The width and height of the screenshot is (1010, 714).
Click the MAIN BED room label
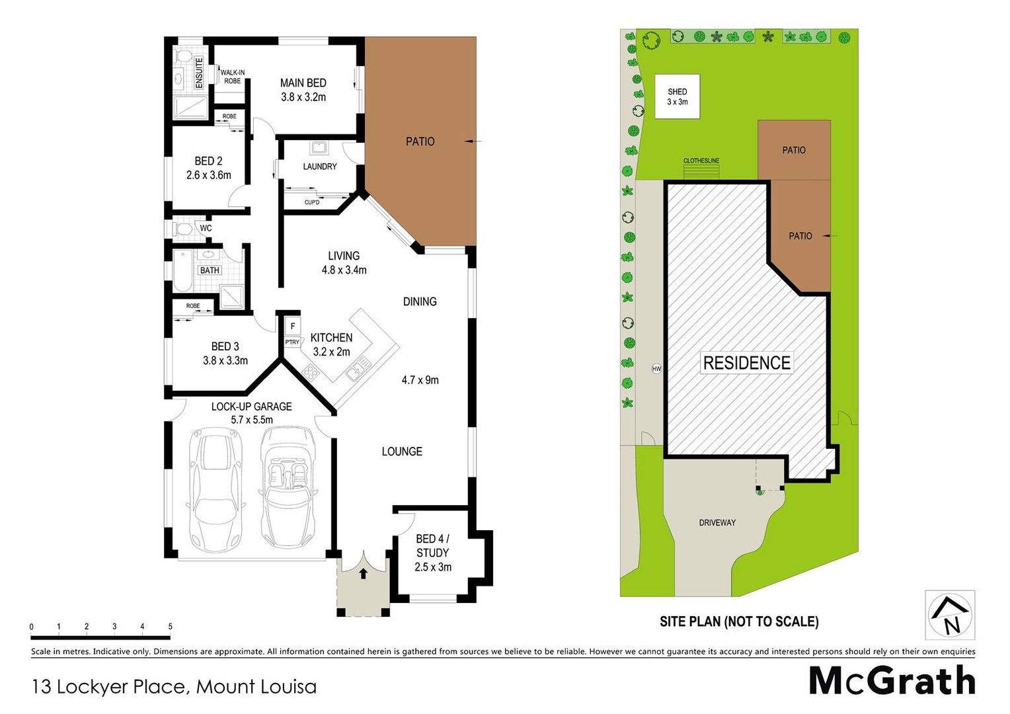click(303, 83)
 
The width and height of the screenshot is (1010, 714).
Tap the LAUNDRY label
click(320, 167)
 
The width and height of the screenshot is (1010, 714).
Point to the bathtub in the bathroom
click(181, 270)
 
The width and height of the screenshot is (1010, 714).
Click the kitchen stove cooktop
click(311, 373)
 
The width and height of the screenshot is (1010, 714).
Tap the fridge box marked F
click(292, 327)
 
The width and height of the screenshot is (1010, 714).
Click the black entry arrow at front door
click(363, 573)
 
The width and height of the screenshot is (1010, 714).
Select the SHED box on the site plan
click(677, 97)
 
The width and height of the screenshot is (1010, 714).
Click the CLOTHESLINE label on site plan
click(701, 161)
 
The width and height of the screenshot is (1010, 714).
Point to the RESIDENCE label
click(746, 363)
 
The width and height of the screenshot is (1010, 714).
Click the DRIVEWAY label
click(717, 523)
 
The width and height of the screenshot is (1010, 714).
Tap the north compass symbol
click(950, 615)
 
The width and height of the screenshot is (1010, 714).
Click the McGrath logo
click(892, 680)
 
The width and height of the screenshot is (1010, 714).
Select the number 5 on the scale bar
click(171, 627)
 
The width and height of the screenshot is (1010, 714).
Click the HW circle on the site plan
click(656, 369)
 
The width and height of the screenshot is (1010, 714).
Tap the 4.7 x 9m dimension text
click(420, 380)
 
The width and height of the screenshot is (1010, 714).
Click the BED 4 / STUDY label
click(432, 546)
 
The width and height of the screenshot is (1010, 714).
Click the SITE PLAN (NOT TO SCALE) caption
click(739, 621)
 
